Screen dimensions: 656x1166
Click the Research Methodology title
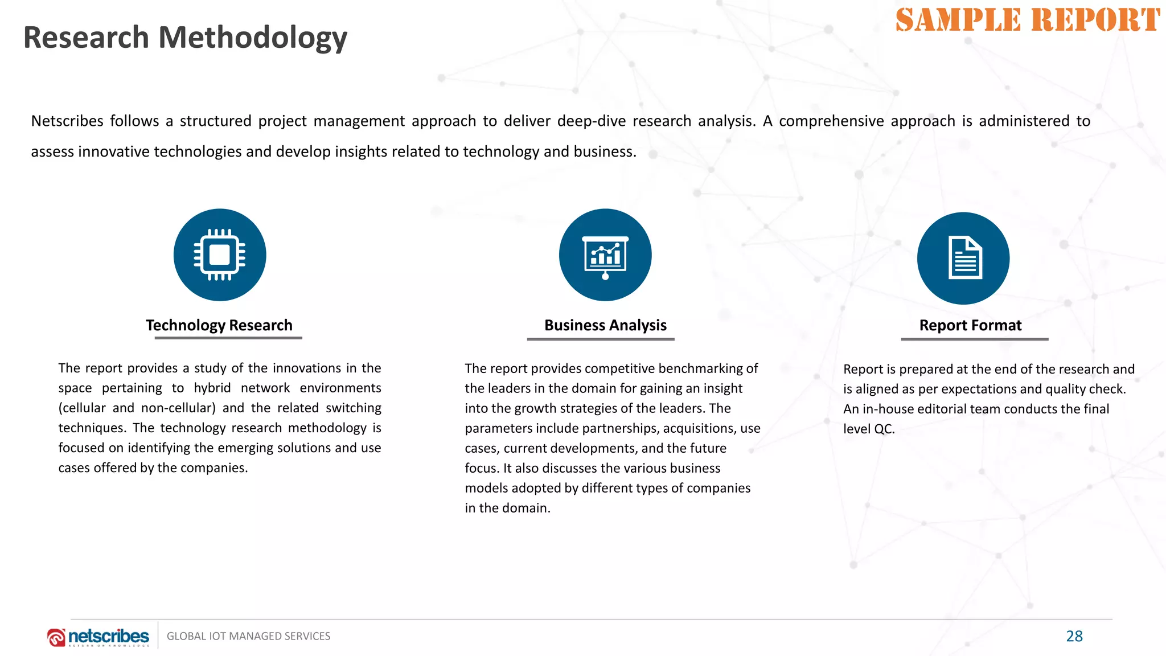pyautogui.click(x=185, y=38)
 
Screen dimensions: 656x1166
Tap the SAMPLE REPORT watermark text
pyautogui.click(x=1028, y=20)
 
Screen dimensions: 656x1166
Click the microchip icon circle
pyautogui.click(x=220, y=255)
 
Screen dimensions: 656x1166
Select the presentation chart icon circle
pyautogui.click(x=605, y=255)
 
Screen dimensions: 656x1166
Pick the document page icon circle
pyautogui.click(x=963, y=259)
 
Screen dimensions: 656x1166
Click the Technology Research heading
pyautogui.click(x=219, y=325)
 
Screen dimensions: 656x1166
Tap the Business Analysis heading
pyautogui.click(x=605, y=325)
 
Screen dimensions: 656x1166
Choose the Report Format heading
pyautogui.click(x=970, y=325)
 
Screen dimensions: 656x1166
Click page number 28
pyautogui.click(x=1074, y=636)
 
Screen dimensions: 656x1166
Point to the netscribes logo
pyautogui.click(x=98, y=637)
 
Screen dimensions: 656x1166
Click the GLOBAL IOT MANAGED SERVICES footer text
pyautogui.click(x=248, y=636)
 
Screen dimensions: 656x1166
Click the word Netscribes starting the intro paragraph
pyautogui.click(x=67, y=121)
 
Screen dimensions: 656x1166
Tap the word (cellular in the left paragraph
pyautogui.click(x=82, y=408)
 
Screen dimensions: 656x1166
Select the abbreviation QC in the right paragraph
pyautogui.click(x=884, y=429)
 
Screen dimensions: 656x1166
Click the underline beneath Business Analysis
pyautogui.click(x=601, y=339)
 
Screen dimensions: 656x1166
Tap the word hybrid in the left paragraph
pyautogui.click(x=212, y=388)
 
